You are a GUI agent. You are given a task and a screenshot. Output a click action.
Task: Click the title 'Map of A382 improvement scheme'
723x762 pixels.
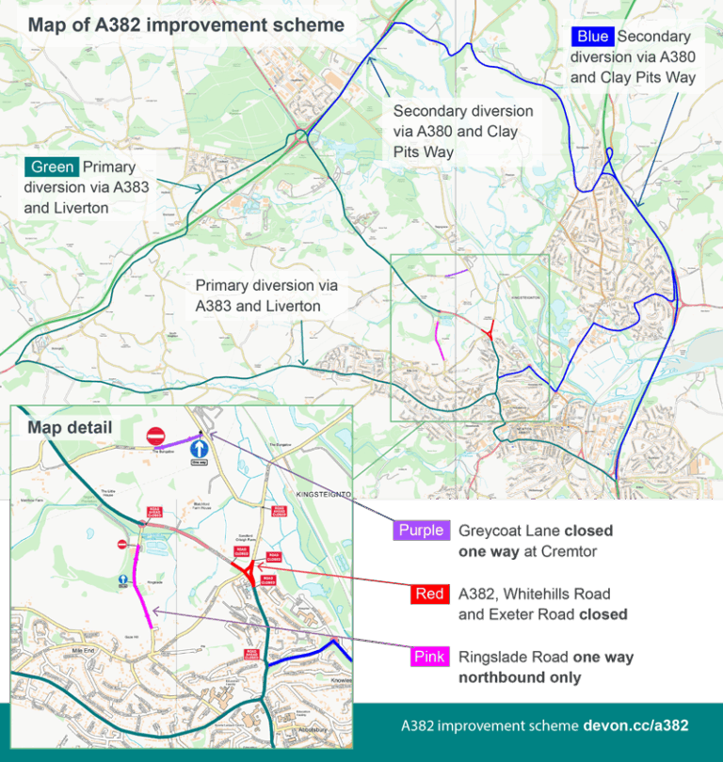pos(185,24)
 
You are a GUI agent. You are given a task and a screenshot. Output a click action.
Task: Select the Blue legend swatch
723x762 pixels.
pos(592,38)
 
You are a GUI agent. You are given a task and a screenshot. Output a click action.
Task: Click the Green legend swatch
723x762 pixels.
pos(53,167)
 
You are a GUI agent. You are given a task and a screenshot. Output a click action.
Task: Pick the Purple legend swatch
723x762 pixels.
pos(420,531)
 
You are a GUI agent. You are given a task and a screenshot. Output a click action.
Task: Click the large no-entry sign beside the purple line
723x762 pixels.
pos(156,437)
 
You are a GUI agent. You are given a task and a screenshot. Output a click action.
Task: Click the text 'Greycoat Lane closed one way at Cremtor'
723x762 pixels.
pos(527,541)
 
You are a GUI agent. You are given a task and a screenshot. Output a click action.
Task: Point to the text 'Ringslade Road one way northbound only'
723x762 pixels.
pos(546,667)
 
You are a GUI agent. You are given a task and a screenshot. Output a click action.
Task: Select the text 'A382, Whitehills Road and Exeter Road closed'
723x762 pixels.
pos(543,604)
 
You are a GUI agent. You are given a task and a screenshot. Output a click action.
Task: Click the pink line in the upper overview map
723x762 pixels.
pos(439,339)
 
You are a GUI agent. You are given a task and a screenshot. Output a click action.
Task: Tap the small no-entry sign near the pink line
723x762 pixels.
pos(121,544)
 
